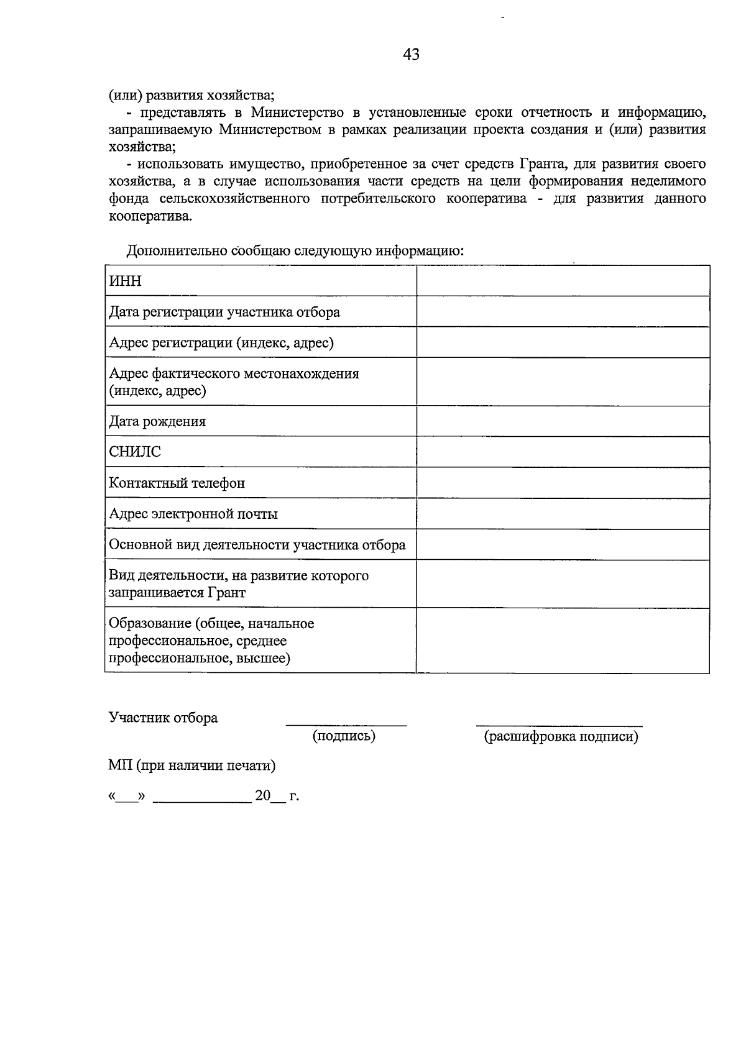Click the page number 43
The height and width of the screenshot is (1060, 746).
[411, 55]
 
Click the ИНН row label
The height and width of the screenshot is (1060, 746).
[126, 281]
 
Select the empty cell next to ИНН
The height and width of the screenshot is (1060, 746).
[563, 281]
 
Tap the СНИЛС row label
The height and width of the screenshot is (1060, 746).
[135, 452]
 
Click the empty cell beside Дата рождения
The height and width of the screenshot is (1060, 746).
[563, 421]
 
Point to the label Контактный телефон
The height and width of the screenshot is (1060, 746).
[177, 483]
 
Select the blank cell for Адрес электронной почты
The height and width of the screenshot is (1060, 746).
[563, 514]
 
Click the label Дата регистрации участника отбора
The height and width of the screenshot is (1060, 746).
[224, 312]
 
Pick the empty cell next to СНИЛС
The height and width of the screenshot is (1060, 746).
[563, 452]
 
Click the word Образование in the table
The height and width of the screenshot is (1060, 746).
[149, 623]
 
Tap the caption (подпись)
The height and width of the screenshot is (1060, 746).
[344, 736]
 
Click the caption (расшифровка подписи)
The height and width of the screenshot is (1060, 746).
[561, 737]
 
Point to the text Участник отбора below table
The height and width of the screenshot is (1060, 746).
[163, 718]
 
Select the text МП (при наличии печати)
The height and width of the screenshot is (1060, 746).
[192, 765]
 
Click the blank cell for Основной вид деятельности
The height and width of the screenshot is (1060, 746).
[563, 545]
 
